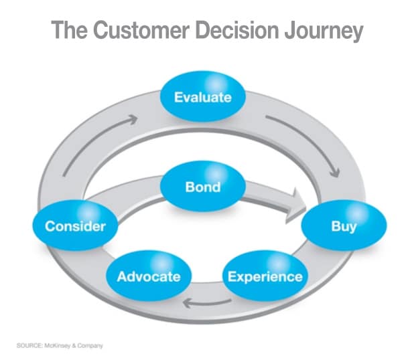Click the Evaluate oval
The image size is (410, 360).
point(202,98)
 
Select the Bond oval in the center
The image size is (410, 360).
point(202,187)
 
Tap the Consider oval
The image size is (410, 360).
point(75,226)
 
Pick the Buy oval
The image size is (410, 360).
point(344,226)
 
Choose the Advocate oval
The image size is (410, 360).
point(149,276)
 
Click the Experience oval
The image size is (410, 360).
point(264,276)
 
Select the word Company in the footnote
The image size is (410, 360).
point(92,345)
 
